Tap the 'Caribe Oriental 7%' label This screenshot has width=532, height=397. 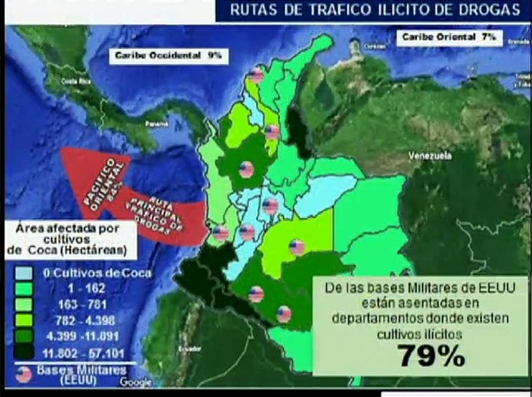[x=449, y=37]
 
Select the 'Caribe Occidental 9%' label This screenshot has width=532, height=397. [x=168, y=55]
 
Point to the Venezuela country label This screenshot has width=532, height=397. [x=430, y=156]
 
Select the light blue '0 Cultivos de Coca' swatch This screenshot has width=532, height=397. [x=23, y=273]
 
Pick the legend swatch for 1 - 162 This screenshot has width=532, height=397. [x=23, y=288]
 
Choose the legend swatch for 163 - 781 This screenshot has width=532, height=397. [x=23, y=304]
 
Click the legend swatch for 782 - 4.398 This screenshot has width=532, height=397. [x=23, y=320]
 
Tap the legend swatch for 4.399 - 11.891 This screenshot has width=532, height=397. [x=23, y=336]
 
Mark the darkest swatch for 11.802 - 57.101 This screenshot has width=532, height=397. [x=23, y=352]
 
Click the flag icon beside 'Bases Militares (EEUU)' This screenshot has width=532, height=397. [x=24, y=374]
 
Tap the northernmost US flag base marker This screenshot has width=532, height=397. [x=256, y=75]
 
